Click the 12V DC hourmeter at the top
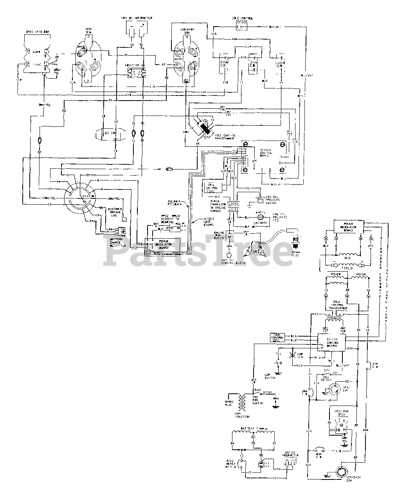tap(137, 29)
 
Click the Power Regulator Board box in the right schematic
tap(348, 227)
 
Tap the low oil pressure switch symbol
tap(259, 200)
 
